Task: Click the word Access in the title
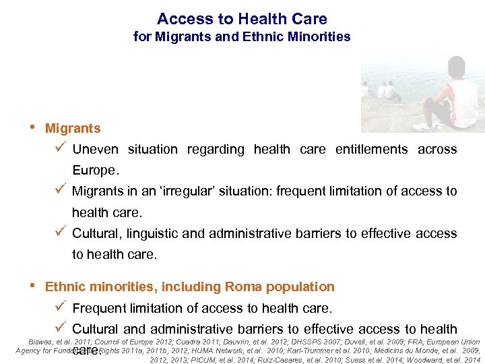[x=179, y=20]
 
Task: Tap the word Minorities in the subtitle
[x=318, y=37]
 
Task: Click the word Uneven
[x=95, y=150]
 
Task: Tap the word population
[x=300, y=287]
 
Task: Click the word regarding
[x=216, y=150]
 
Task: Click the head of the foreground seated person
[x=457, y=68]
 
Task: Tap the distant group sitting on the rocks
[x=384, y=91]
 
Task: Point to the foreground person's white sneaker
[x=424, y=126]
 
